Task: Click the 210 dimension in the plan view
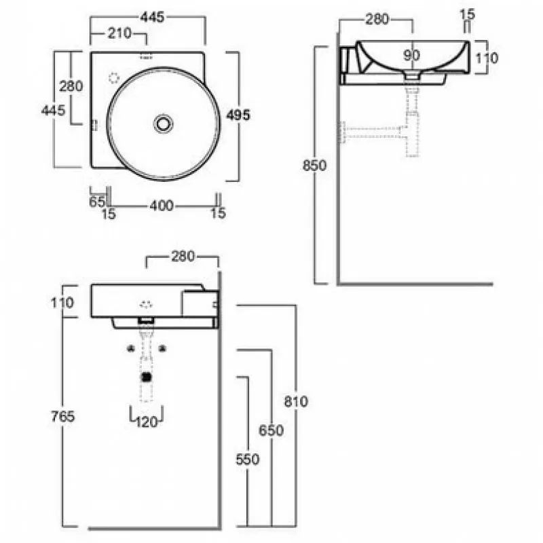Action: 119,33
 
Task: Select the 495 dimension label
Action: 238,115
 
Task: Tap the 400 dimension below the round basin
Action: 162,206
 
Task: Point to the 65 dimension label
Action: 97,202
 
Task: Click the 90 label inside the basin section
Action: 412,56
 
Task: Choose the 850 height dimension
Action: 314,166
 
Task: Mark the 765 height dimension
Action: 62,416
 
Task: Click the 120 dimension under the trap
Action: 147,422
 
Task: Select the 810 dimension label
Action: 296,402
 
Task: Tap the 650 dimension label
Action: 271,430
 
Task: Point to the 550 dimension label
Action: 247,460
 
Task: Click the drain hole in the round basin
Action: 163,124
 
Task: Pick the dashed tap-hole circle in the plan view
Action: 114,78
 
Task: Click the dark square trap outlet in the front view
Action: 147,377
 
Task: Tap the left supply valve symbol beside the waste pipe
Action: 130,349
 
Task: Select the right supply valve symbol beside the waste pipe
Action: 162,349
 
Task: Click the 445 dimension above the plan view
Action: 152,17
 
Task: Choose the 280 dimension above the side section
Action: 377,20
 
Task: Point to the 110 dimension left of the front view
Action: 62,303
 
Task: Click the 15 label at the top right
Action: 467,14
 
